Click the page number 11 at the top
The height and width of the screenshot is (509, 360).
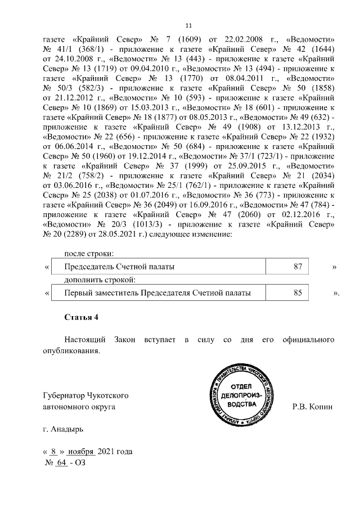tap(188, 25)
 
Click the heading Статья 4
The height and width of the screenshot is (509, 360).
tap(81, 317)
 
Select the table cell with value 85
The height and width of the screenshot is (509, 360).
tap(298, 292)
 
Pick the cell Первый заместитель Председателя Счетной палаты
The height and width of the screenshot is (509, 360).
tap(157, 292)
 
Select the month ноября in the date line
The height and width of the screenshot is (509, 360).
tap(81, 452)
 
